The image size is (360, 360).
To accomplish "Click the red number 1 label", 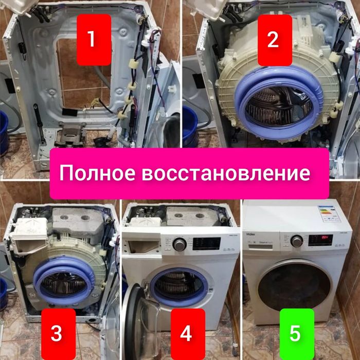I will [92, 40].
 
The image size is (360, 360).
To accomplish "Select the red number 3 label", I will [57, 333].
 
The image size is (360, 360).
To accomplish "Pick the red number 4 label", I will [186, 333].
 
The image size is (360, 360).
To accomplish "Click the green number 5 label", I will [295, 333].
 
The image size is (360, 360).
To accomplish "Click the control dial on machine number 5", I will [297, 241].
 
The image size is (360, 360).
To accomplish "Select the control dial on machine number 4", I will [179, 244].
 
